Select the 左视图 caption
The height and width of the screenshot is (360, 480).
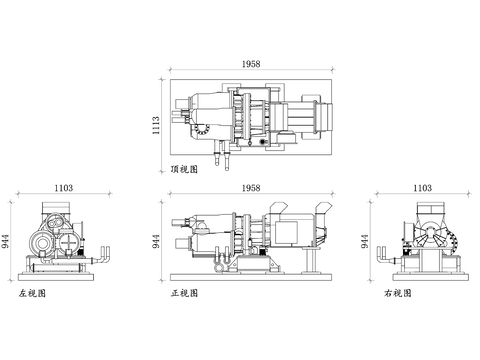(33, 294)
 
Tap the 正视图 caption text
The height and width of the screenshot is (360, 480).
(186, 294)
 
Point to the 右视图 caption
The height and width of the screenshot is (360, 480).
(397, 294)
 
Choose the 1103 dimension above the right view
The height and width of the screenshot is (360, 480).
(422, 187)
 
